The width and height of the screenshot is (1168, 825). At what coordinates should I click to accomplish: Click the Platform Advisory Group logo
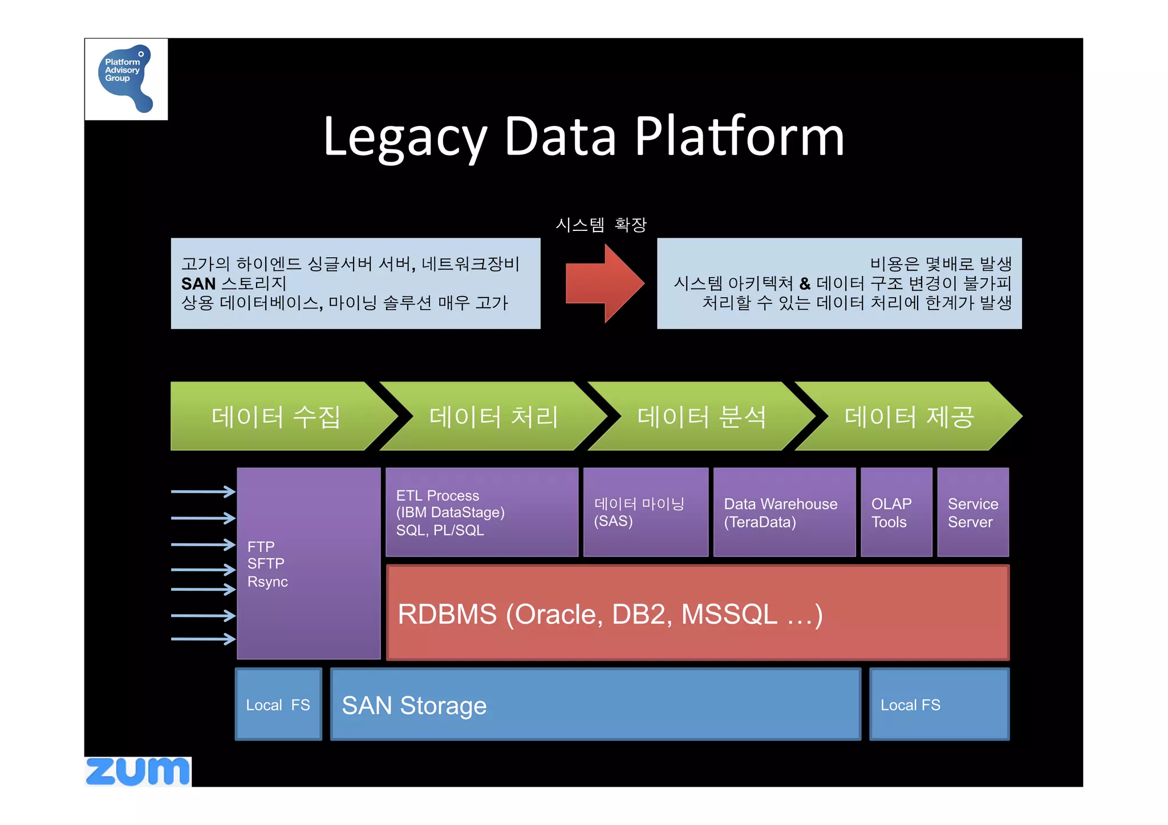click(126, 79)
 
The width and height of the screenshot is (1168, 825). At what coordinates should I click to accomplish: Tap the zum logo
click(138, 772)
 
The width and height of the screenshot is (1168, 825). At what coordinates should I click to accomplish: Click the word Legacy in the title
click(404, 137)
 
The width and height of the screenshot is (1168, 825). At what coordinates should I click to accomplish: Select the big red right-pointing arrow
click(605, 283)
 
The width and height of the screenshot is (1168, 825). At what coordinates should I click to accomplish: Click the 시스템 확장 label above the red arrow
click(601, 225)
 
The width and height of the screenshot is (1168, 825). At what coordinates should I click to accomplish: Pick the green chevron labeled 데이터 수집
click(276, 417)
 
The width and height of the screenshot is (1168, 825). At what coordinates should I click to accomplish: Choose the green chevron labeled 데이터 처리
click(493, 417)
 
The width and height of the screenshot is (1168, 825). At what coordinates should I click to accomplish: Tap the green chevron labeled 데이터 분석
click(701, 417)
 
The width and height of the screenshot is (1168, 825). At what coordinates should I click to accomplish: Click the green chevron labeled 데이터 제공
click(909, 417)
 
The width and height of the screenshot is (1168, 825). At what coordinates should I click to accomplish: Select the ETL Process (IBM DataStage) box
click(482, 512)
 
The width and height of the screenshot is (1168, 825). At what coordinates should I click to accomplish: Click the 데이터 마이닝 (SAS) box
click(645, 512)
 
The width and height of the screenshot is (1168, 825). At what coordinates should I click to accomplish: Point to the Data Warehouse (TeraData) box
click(784, 512)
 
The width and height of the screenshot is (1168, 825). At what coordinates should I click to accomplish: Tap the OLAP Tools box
click(895, 512)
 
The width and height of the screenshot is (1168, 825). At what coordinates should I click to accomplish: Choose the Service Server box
click(972, 512)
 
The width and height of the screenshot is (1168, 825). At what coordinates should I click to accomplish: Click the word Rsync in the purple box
click(267, 582)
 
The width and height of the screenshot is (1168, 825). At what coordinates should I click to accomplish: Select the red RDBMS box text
click(610, 615)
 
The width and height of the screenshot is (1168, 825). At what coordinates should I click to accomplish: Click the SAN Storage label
click(414, 706)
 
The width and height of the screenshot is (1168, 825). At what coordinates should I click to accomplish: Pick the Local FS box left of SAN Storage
click(278, 705)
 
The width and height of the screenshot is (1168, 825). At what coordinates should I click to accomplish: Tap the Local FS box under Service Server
click(939, 705)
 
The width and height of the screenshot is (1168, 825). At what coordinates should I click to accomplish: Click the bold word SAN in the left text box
click(198, 283)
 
